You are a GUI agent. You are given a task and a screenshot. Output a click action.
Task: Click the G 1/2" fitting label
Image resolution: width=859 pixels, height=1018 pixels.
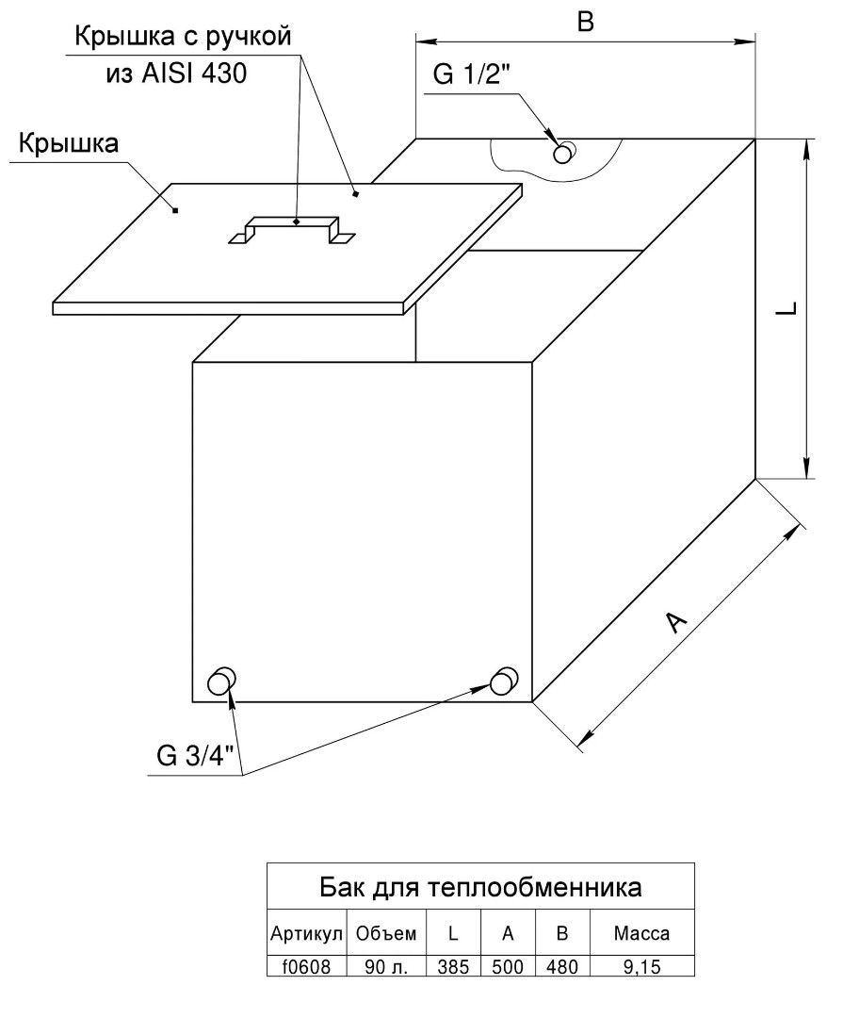point(472,75)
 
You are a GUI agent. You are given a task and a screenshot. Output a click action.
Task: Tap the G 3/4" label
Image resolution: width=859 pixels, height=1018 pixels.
point(195,755)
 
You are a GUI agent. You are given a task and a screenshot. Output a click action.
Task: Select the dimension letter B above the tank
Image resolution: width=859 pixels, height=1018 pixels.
point(585,22)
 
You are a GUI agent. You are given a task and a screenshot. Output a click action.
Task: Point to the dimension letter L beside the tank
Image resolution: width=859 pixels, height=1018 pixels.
point(786,308)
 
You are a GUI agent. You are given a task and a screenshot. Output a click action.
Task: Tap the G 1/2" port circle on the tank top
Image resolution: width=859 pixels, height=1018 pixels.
point(563,153)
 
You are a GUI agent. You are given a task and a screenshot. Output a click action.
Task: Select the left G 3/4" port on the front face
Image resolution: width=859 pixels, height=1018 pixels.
point(221,681)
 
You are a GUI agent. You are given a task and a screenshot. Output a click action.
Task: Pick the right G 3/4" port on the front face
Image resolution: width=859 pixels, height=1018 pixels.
point(504,681)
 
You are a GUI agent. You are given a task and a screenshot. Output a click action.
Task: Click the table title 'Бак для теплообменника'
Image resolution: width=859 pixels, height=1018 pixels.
point(480,887)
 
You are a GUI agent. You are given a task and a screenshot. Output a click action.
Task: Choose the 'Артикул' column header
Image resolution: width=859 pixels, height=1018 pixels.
point(306,933)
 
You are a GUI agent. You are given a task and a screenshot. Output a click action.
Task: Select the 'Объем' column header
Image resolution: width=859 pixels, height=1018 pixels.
point(386,933)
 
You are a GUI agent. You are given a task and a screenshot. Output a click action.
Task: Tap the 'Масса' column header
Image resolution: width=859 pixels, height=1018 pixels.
point(641,933)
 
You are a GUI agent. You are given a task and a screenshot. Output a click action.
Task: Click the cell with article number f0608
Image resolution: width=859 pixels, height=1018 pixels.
point(306,967)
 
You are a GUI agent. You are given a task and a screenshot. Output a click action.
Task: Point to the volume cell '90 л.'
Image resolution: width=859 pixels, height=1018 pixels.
point(387,967)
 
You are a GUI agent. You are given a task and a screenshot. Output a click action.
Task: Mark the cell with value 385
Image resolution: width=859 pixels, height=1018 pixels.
point(453,967)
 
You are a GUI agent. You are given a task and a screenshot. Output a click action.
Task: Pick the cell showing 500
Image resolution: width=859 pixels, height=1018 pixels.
point(508,967)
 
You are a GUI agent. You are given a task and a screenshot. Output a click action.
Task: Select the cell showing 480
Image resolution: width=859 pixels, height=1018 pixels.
point(562,967)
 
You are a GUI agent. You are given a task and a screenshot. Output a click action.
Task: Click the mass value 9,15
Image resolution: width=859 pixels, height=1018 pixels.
point(641,967)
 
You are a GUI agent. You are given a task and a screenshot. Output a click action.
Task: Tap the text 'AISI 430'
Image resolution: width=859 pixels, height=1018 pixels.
point(194,74)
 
